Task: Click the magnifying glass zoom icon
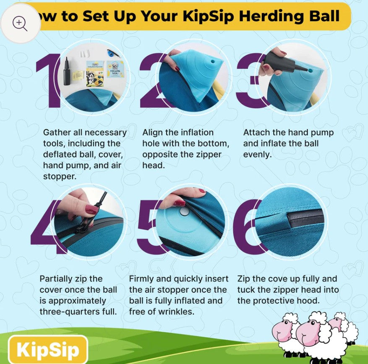[x=20, y=23]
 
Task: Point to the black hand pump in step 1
[x=67, y=72]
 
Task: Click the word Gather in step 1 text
[x=57, y=133]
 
